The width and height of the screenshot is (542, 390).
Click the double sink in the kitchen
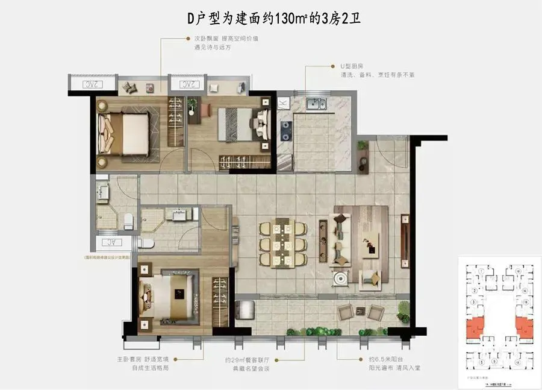coord(316,104)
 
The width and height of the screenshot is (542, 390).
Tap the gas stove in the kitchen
coord(286,128)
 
